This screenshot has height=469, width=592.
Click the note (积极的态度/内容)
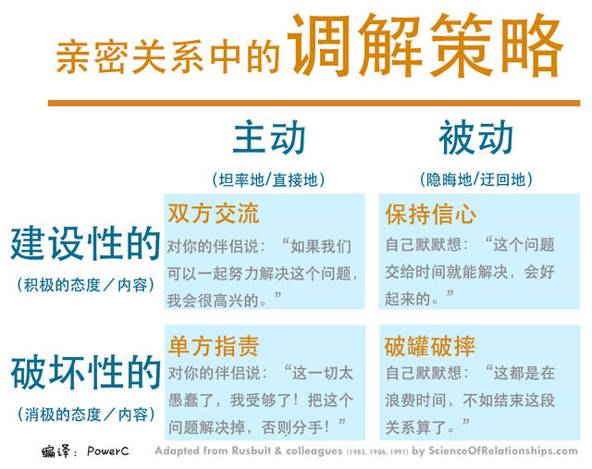tap(85, 285)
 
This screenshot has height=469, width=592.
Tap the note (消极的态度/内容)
tap(85, 413)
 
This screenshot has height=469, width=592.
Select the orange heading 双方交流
tap(214, 215)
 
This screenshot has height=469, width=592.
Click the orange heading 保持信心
tap(430, 215)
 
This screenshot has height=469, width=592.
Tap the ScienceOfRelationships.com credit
tap(503, 452)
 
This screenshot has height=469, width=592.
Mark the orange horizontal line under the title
tap(314, 103)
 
